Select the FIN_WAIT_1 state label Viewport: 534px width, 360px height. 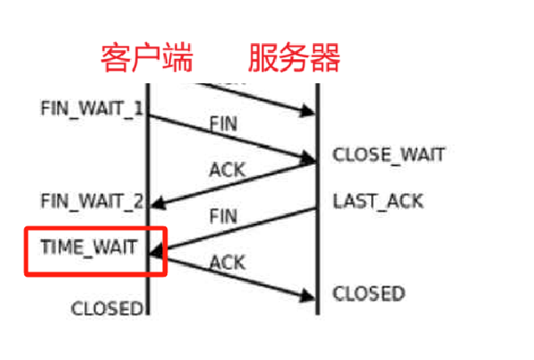click(x=91, y=110)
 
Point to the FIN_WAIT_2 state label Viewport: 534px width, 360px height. click(x=91, y=202)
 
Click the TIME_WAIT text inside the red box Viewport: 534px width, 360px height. click(x=89, y=247)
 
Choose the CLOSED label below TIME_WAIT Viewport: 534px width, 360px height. click(x=107, y=308)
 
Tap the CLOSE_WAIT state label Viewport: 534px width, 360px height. click(x=388, y=155)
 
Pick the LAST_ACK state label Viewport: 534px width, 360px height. click(x=378, y=202)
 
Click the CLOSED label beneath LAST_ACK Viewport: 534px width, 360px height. click(x=368, y=293)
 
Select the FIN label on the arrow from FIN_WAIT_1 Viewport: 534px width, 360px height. click(x=223, y=123)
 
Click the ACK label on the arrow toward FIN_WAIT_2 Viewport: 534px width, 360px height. click(x=227, y=169)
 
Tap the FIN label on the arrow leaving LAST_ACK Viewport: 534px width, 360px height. click(x=224, y=214)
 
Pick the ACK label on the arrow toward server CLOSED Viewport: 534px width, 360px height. click(x=227, y=260)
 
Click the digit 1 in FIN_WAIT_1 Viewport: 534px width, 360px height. click(x=140, y=110)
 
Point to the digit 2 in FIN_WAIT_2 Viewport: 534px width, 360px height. click(x=139, y=202)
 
